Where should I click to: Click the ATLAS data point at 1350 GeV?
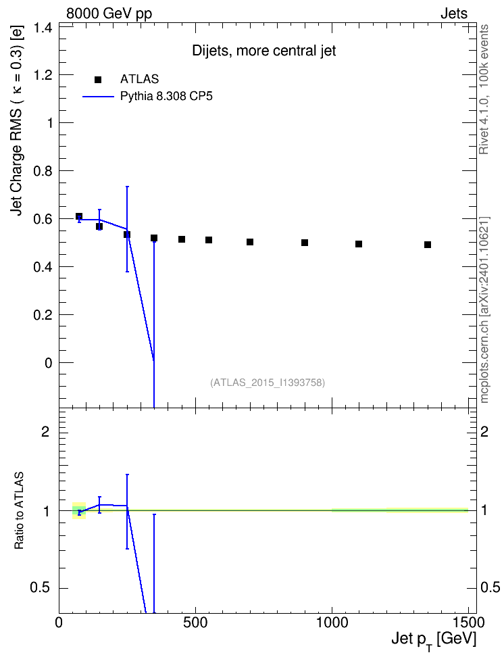428,245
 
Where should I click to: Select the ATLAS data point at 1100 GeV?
359,244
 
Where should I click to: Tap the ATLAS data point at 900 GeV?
305,243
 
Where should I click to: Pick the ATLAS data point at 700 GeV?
250,242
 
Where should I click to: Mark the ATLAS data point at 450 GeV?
182,239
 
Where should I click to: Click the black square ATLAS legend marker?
98,80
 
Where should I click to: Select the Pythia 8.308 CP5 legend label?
166,97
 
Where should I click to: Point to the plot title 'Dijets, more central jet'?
264,51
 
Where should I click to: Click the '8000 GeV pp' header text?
109,14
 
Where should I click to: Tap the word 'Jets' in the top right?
454,14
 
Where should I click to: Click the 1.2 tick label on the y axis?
43,76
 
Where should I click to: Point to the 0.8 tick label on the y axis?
43,172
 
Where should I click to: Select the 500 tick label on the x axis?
195,623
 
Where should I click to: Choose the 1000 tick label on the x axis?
332,623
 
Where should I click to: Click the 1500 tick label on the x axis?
468,623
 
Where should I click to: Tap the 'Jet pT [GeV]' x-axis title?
434,641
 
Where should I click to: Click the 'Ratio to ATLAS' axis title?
20,511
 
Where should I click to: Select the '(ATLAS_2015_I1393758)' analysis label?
268,383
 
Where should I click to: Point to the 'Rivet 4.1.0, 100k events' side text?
484,90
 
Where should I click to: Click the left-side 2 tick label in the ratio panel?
45,431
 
